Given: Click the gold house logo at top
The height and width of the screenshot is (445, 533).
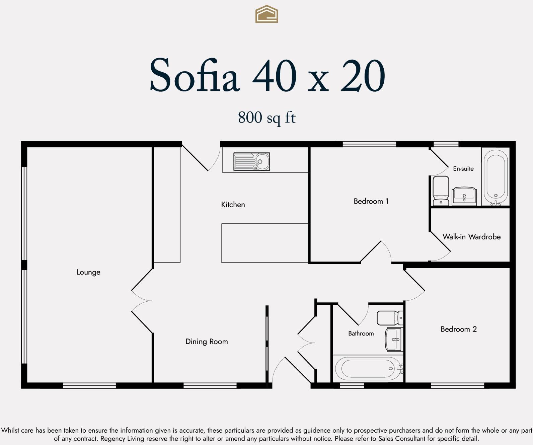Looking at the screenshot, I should point(266,14).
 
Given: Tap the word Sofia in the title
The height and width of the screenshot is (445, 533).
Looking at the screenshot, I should point(195,75).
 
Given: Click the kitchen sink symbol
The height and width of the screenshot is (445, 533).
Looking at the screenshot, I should point(252,162).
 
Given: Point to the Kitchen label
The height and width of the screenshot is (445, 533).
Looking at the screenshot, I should point(233,205).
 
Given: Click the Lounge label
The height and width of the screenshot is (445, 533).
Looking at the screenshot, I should point(88,272).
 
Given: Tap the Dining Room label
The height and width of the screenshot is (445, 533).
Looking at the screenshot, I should point(207,342).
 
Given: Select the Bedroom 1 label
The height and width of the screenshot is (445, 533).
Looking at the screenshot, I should point(371,201).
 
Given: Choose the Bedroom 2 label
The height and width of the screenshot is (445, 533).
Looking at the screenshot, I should point(458,329).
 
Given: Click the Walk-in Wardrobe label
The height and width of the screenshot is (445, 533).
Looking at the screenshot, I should point(471,237).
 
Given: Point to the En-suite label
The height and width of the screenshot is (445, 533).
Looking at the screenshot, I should point(463,169).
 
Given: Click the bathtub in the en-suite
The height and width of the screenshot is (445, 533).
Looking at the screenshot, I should point(496,177).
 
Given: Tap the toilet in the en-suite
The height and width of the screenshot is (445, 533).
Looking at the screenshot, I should point(441,191).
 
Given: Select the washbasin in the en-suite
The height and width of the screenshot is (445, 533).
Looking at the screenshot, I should point(464,196).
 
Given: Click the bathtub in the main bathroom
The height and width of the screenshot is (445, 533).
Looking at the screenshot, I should point(368,369).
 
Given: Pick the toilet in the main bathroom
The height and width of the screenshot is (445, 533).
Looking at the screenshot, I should point(390,318).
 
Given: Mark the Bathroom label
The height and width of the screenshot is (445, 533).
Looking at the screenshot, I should point(361,333).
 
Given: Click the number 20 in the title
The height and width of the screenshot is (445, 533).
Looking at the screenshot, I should point(363,76).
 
